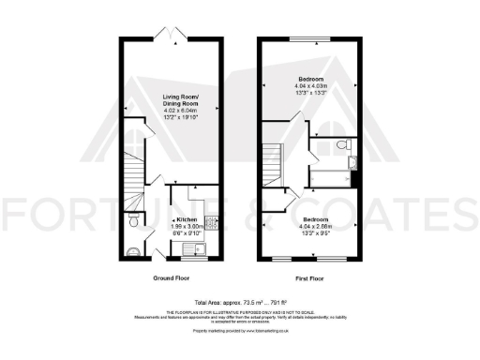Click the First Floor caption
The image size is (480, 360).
pos(310,278)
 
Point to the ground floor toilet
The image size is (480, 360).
pos(135,222)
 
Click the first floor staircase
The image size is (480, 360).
pos(275,161)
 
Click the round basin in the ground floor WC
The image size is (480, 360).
pos(131,250)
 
